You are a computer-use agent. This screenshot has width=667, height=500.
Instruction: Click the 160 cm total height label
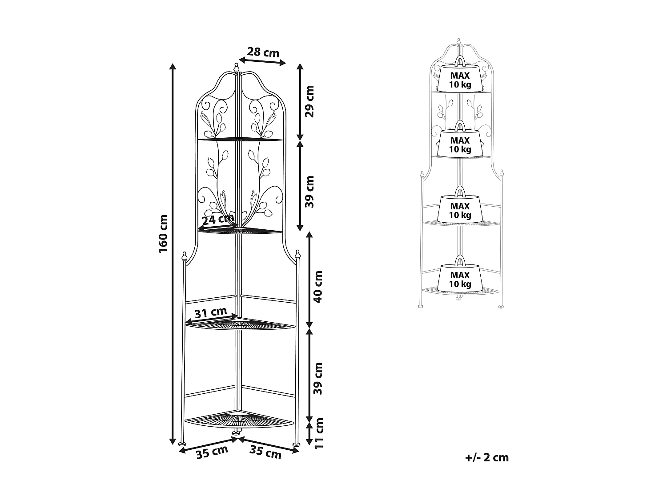tap(163, 234)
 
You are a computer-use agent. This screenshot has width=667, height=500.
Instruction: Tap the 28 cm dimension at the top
tap(263, 52)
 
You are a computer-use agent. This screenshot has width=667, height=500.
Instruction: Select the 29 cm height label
tap(310, 101)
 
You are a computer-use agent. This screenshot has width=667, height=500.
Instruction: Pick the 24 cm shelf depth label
tap(217, 219)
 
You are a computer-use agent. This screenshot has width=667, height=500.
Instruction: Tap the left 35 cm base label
tap(212, 453)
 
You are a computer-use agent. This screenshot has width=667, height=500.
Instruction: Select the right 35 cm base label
tap(266, 453)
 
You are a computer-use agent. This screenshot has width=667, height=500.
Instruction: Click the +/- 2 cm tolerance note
tap(487, 457)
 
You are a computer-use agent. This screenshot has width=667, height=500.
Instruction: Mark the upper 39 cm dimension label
tap(310, 192)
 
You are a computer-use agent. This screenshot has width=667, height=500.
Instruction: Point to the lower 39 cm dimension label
tap(318, 379)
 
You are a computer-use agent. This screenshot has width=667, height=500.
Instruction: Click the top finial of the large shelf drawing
tap(237, 68)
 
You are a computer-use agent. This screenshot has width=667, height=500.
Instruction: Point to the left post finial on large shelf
tap(184, 256)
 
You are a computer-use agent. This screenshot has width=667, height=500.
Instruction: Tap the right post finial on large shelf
tap(297, 254)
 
